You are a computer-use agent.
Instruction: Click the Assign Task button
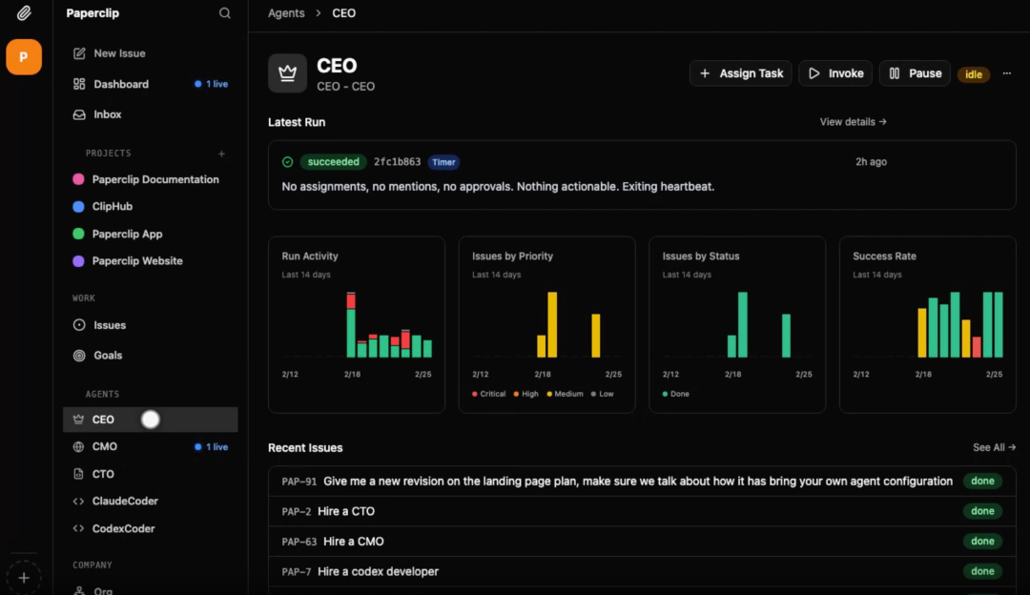pos(741,73)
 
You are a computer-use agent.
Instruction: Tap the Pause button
pos(915,73)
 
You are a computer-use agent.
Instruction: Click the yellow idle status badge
pos(973,74)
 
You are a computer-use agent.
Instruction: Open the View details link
pos(853,122)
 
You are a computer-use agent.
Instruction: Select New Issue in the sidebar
pos(119,53)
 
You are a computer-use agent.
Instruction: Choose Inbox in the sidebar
pos(107,114)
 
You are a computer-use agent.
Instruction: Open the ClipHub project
pos(112,206)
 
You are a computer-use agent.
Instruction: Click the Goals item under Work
pos(108,355)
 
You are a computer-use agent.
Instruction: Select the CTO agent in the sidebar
pos(103,474)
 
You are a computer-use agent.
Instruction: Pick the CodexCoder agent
pos(123,528)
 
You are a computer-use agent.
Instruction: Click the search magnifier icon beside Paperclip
pos(225,13)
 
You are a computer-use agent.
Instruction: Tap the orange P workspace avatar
pos(24,57)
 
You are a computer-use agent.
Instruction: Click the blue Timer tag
pos(443,162)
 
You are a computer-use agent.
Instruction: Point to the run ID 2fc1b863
pos(397,162)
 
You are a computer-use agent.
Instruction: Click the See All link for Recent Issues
pos(994,447)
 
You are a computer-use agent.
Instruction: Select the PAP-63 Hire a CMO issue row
pos(610,542)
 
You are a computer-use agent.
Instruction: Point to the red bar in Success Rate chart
pos(977,346)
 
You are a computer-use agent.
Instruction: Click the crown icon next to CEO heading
pos(287,73)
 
